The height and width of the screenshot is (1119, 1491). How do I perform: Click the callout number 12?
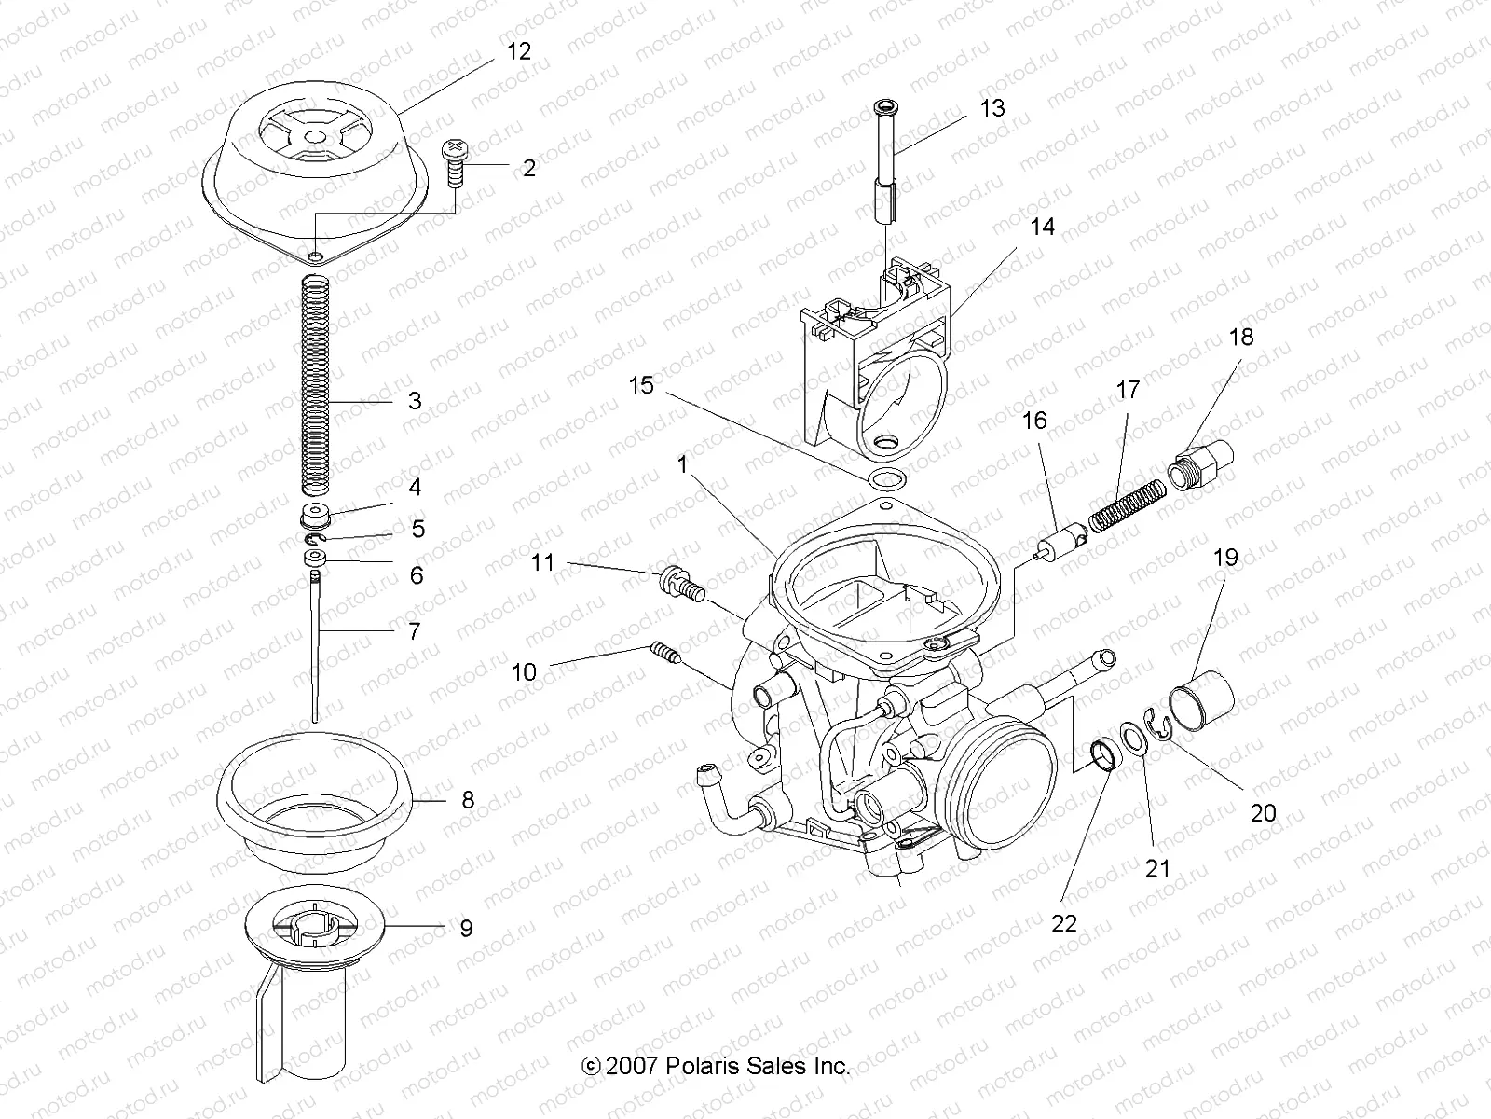[x=518, y=52]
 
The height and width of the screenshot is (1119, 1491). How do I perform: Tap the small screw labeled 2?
[x=457, y=163]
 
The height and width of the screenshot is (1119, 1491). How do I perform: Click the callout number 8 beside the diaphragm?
[x=467, y=800]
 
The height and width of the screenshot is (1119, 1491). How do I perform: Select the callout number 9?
[x=466, y=929]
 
